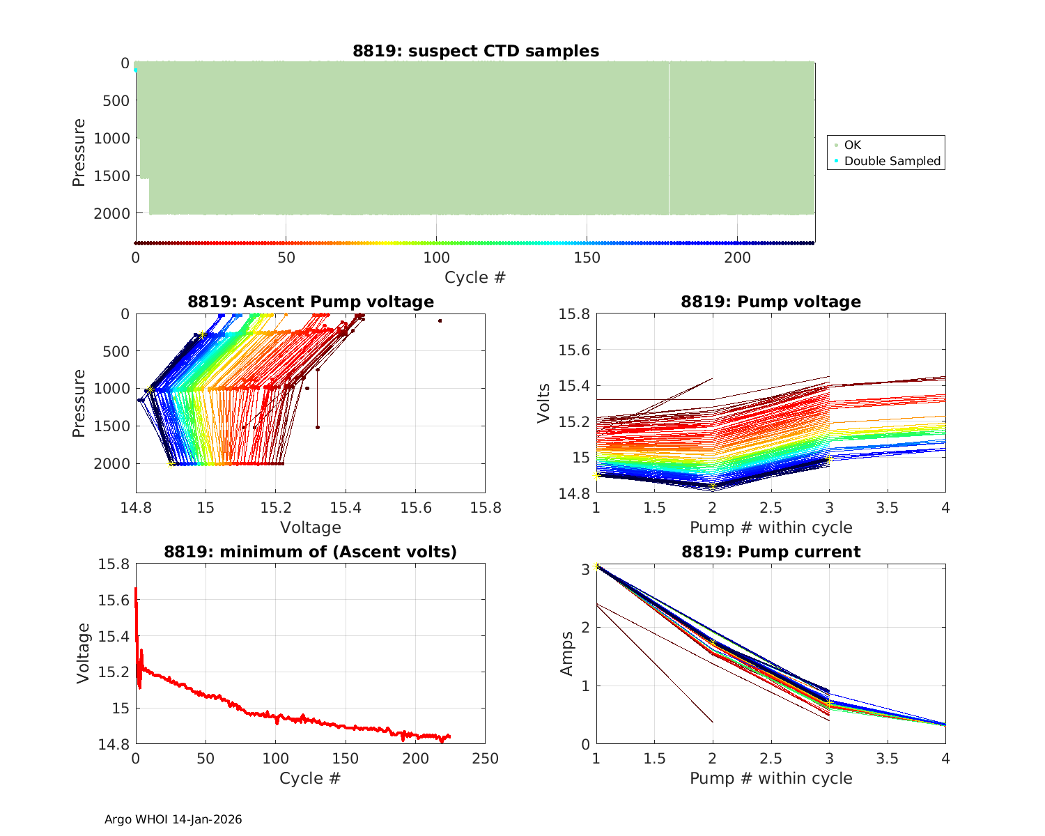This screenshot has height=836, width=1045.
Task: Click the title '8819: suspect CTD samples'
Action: point(476,51)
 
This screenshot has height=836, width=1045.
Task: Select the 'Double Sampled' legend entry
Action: point(892,161)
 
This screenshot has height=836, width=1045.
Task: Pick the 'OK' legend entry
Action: point(852,145)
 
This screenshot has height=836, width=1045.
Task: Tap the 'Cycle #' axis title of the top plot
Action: point(475,277)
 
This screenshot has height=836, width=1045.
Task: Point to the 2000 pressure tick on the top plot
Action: point(111,213)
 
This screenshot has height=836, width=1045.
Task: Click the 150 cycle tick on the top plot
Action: point(587,258)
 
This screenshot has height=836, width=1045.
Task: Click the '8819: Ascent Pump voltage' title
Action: point(311,302)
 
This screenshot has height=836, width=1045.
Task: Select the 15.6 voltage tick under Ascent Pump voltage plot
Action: point(415,508)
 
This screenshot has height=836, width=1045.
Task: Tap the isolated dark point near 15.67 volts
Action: point(440,320)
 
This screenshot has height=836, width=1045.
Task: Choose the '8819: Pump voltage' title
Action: point(771,302)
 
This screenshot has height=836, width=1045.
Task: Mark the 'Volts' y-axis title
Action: point(544,403)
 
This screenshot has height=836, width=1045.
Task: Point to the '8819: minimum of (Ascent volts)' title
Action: point(311,552)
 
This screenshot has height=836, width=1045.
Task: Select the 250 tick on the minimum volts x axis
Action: point(485,759)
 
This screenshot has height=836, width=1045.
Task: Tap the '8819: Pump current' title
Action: point(771,552)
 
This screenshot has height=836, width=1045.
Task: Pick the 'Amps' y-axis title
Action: point(567,653)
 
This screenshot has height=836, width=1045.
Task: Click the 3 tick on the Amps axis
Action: point(586,569)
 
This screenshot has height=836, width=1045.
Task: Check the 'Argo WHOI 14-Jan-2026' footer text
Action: point(173,819)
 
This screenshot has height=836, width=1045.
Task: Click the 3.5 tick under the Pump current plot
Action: point(887,759)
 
